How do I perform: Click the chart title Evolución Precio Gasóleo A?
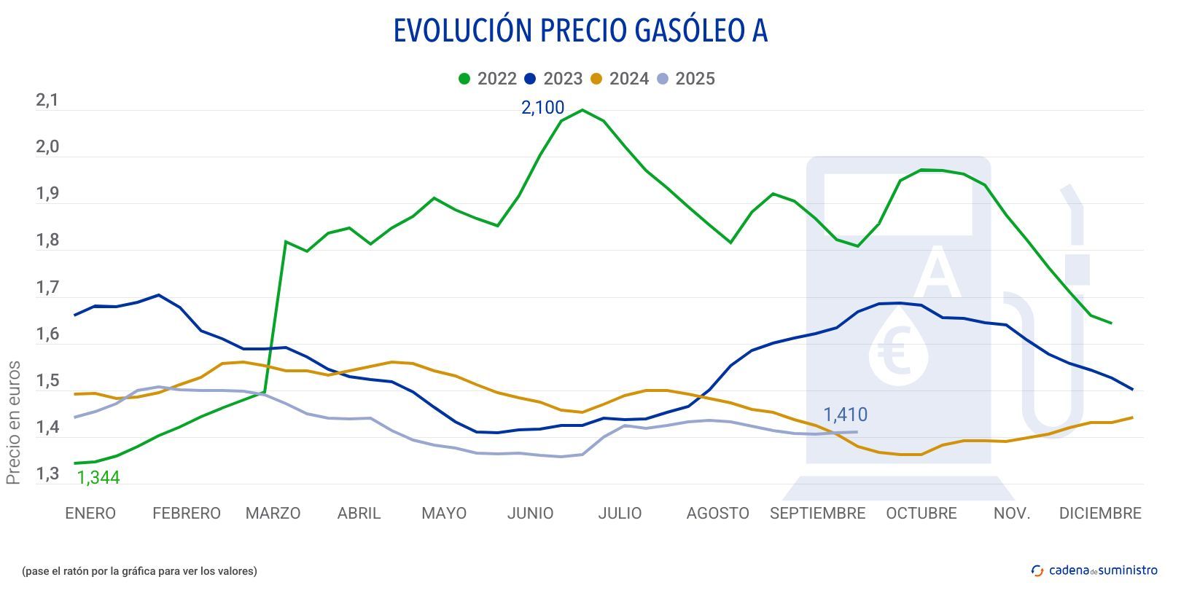click(580, 31)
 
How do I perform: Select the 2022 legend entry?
click(488, 79)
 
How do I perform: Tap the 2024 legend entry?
click(620, 79)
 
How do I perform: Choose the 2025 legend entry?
click(686, 79)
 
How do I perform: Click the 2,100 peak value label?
click(542, 108)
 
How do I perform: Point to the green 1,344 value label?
click(98, 478)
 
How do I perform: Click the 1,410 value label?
click(845, 415)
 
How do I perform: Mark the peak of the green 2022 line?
click(582, 110)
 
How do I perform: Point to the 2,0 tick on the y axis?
click(47, 148)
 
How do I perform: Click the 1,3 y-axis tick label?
click(47, 475)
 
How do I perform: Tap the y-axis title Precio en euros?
click(13, 423)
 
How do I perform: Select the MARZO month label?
click(273, 514)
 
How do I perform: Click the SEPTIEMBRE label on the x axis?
click(817, 514)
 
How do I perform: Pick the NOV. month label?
click(1012, 514)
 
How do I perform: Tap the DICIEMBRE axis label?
click(1099, 514)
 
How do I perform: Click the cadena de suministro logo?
click(1094, 570)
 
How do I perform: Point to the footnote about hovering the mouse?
click(139, 571)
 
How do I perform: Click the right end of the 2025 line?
click(857, 432)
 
